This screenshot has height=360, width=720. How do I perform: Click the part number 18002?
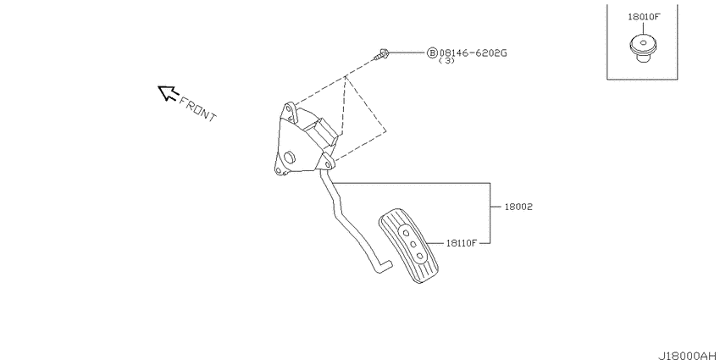[x=518, y=207]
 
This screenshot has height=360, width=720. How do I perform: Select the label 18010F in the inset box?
[x=644, y=16]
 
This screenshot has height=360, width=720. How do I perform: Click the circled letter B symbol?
[x=432, y=52]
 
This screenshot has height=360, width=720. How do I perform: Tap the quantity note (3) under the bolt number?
[x=446, y=61]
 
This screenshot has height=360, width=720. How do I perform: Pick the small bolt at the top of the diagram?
[x=381, y=55]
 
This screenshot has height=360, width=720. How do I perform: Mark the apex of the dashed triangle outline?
[x=346, y=77]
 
